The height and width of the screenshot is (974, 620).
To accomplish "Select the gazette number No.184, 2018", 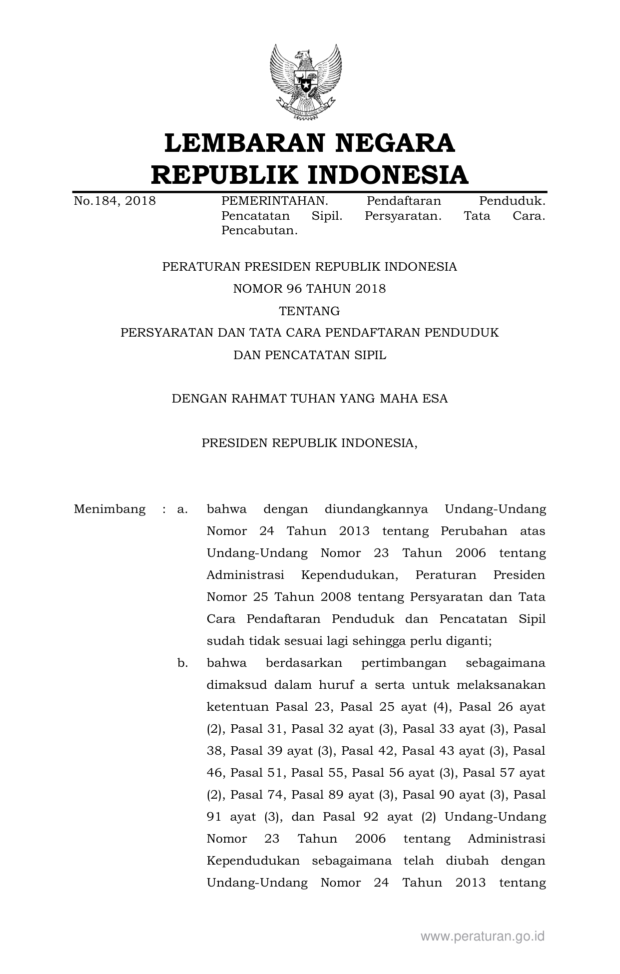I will point(114,201).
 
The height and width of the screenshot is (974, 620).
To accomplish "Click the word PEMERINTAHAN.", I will point(274,201).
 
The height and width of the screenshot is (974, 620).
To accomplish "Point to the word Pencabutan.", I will point(259,231).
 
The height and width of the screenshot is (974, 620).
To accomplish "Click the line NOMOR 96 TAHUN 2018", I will point(309,289).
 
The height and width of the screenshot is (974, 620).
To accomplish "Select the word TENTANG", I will point(309,311).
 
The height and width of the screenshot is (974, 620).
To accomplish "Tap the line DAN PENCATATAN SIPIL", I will point(310,355).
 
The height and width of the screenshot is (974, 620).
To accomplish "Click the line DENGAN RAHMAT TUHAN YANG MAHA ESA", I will point(310,399).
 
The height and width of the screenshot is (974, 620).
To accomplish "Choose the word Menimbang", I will point(109,509).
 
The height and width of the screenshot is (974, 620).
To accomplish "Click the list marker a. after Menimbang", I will point(182,509).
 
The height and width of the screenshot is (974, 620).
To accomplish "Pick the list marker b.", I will point(182,663).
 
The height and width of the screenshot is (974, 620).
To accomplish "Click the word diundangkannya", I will point(376,509).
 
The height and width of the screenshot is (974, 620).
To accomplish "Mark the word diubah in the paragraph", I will point(457,861).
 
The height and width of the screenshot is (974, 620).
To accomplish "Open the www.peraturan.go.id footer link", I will point(482,936).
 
